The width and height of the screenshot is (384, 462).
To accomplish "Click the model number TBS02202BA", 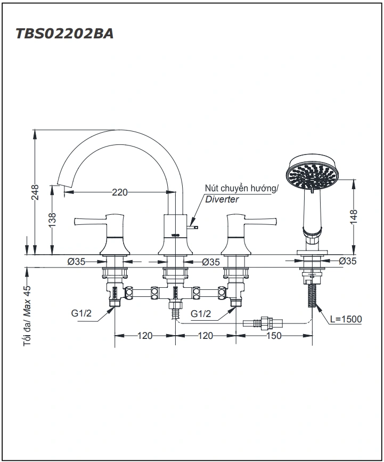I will point(64,34).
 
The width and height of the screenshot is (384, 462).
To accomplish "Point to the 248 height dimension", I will point(35,193).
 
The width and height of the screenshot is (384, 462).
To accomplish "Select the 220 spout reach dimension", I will point(119,192).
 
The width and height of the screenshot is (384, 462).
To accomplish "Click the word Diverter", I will point(222,199).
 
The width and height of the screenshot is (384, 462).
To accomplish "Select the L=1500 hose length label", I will point(346,319).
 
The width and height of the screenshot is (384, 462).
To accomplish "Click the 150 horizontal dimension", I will point(273,336).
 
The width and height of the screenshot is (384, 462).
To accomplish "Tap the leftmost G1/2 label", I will point(81,313).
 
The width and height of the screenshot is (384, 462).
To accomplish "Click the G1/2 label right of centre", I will point(201,313).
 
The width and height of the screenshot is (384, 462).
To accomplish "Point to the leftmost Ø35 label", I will point(77,261).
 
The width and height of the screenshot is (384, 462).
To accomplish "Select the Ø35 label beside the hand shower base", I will point(348,261).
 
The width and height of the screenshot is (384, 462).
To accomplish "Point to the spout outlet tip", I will point(63,185).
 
